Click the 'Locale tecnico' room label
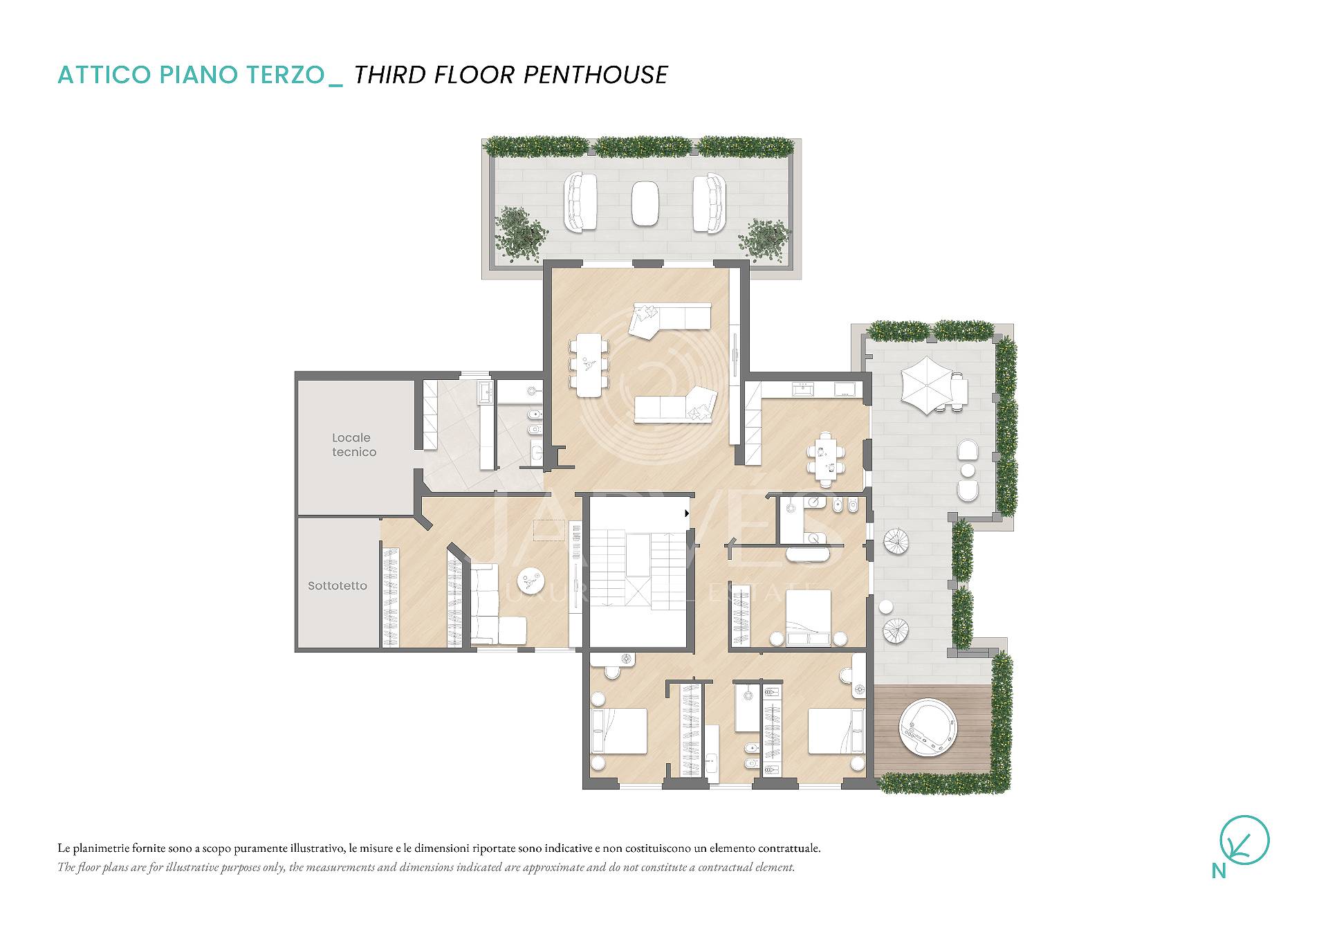[353, 445]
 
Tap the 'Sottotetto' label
[338, 585]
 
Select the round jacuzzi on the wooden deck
[928, 730]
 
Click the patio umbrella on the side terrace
[928, 385]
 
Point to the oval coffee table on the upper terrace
[645, 203]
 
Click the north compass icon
[1244, 841]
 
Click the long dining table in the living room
[589, 365]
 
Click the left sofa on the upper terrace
[581, 202]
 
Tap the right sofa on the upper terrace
[709, 203]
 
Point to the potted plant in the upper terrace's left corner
[519, 233]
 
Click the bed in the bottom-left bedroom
[620, 731]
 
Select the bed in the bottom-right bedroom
[836, 731]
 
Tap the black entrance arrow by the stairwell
[687, 513]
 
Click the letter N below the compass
[1219, 871]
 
